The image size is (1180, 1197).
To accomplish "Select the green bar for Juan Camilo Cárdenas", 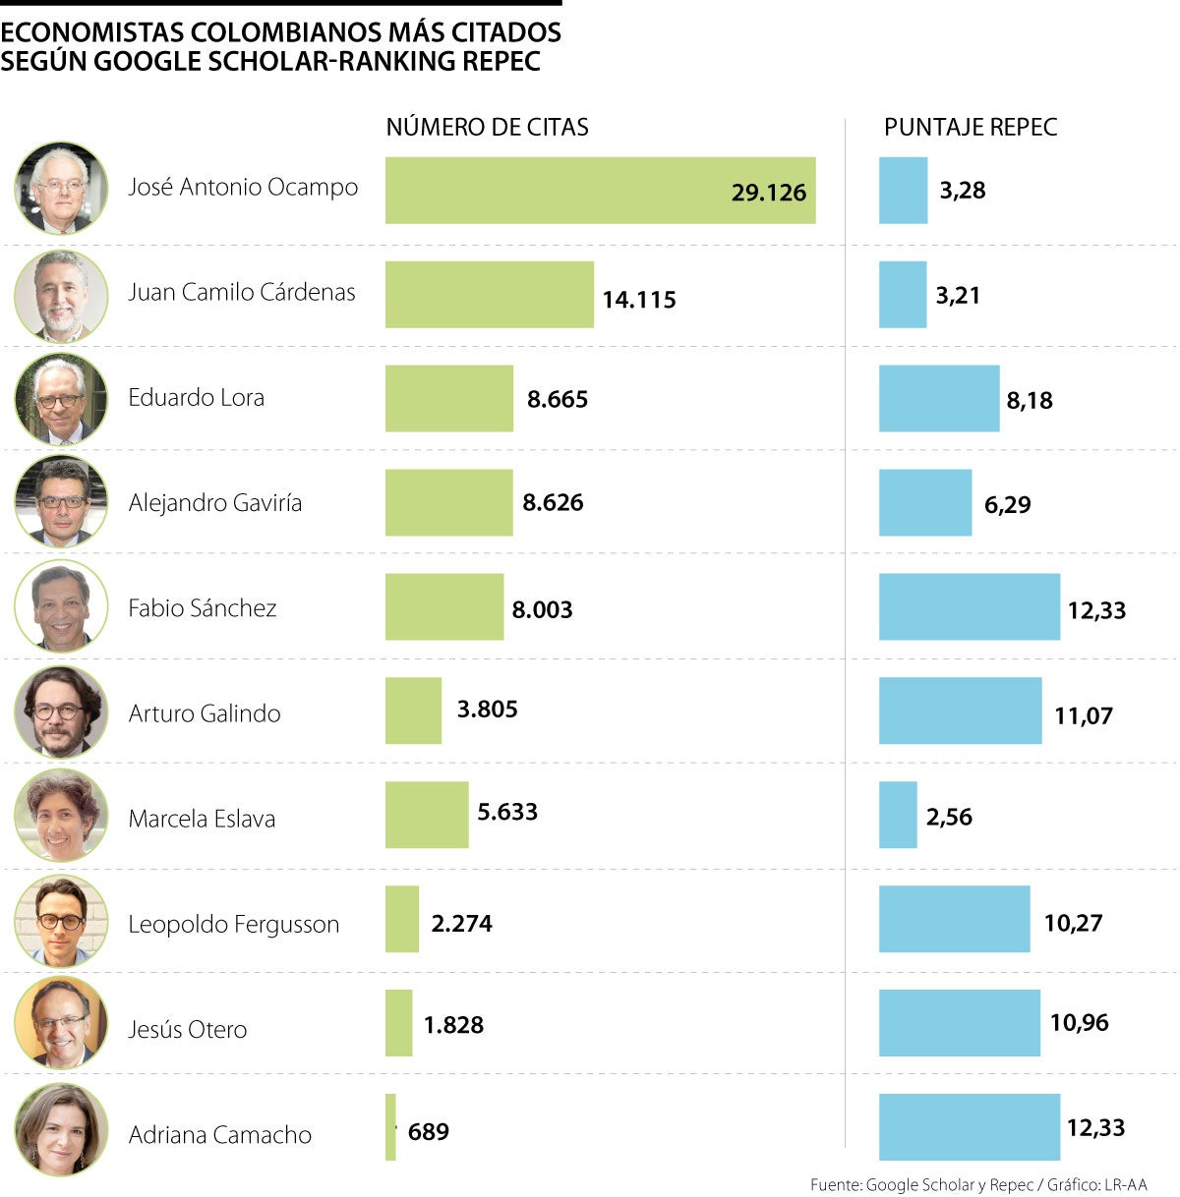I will coord(489,295).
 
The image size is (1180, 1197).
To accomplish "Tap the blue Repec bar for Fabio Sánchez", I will coord(969,607).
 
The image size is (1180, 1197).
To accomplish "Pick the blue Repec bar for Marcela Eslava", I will coord(898,815).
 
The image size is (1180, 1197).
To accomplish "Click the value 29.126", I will coord(768,193).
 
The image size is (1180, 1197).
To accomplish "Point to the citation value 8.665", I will coord(557,399).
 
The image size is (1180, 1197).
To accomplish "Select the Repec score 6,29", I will coord(1007,505).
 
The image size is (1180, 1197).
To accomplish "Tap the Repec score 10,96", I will coord(1079,1023).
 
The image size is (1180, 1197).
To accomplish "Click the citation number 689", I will coord(428,1132).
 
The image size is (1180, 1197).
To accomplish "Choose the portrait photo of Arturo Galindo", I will coord(61,712).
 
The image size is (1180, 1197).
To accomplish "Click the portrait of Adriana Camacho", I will coord(61,1129).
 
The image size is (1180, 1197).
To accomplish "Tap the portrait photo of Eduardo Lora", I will coord(61,398).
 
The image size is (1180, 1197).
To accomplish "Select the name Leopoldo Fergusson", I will coord(233,925).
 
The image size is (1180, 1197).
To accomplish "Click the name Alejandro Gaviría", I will coord(214,503).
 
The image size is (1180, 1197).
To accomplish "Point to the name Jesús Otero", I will coord(187,1030).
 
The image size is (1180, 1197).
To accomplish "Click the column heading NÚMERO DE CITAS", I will coord(487,127).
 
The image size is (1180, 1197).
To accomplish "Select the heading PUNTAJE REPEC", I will coord(970,127).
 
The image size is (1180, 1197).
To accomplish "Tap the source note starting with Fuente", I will coord(977,1185).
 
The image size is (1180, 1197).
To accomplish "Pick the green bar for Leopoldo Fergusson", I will coord(401,919).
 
